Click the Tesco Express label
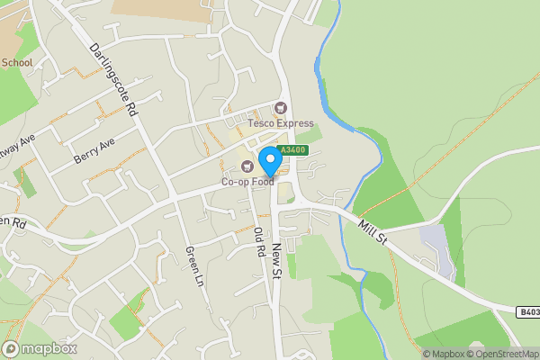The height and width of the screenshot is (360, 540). tap(282, 123)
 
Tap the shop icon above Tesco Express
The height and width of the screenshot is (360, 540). tap(280, 108)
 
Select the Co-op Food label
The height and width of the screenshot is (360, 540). tap(248, 181)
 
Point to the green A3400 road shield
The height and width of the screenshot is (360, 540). tap(292, 150)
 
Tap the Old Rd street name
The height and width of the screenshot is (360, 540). tap(259, 245)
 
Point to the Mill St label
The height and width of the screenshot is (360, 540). tap(371, 232)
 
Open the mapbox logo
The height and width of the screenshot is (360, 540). tap(40, 348)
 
